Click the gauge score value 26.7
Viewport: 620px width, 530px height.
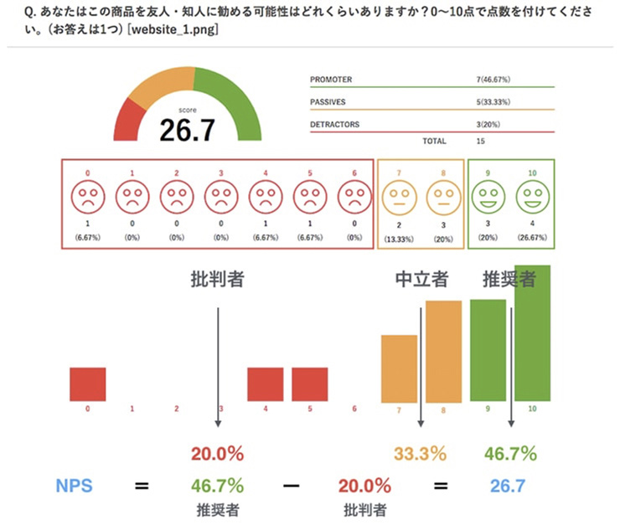188,130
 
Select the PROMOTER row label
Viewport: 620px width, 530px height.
331,80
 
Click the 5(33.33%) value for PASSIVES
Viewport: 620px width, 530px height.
494,101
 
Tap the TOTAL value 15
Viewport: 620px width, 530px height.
480,142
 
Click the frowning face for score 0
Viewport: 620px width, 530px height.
87,199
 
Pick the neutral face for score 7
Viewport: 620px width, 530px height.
398,199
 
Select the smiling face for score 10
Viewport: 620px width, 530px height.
532,199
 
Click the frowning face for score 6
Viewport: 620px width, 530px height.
354,199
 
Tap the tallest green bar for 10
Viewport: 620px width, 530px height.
532,335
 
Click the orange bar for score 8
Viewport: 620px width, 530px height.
442,352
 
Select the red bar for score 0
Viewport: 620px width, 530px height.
87,384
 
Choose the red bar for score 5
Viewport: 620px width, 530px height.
309,384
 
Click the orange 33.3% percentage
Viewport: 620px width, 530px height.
420,455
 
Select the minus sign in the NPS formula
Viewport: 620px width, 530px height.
292,485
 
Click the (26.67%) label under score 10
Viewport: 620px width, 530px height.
532,238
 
